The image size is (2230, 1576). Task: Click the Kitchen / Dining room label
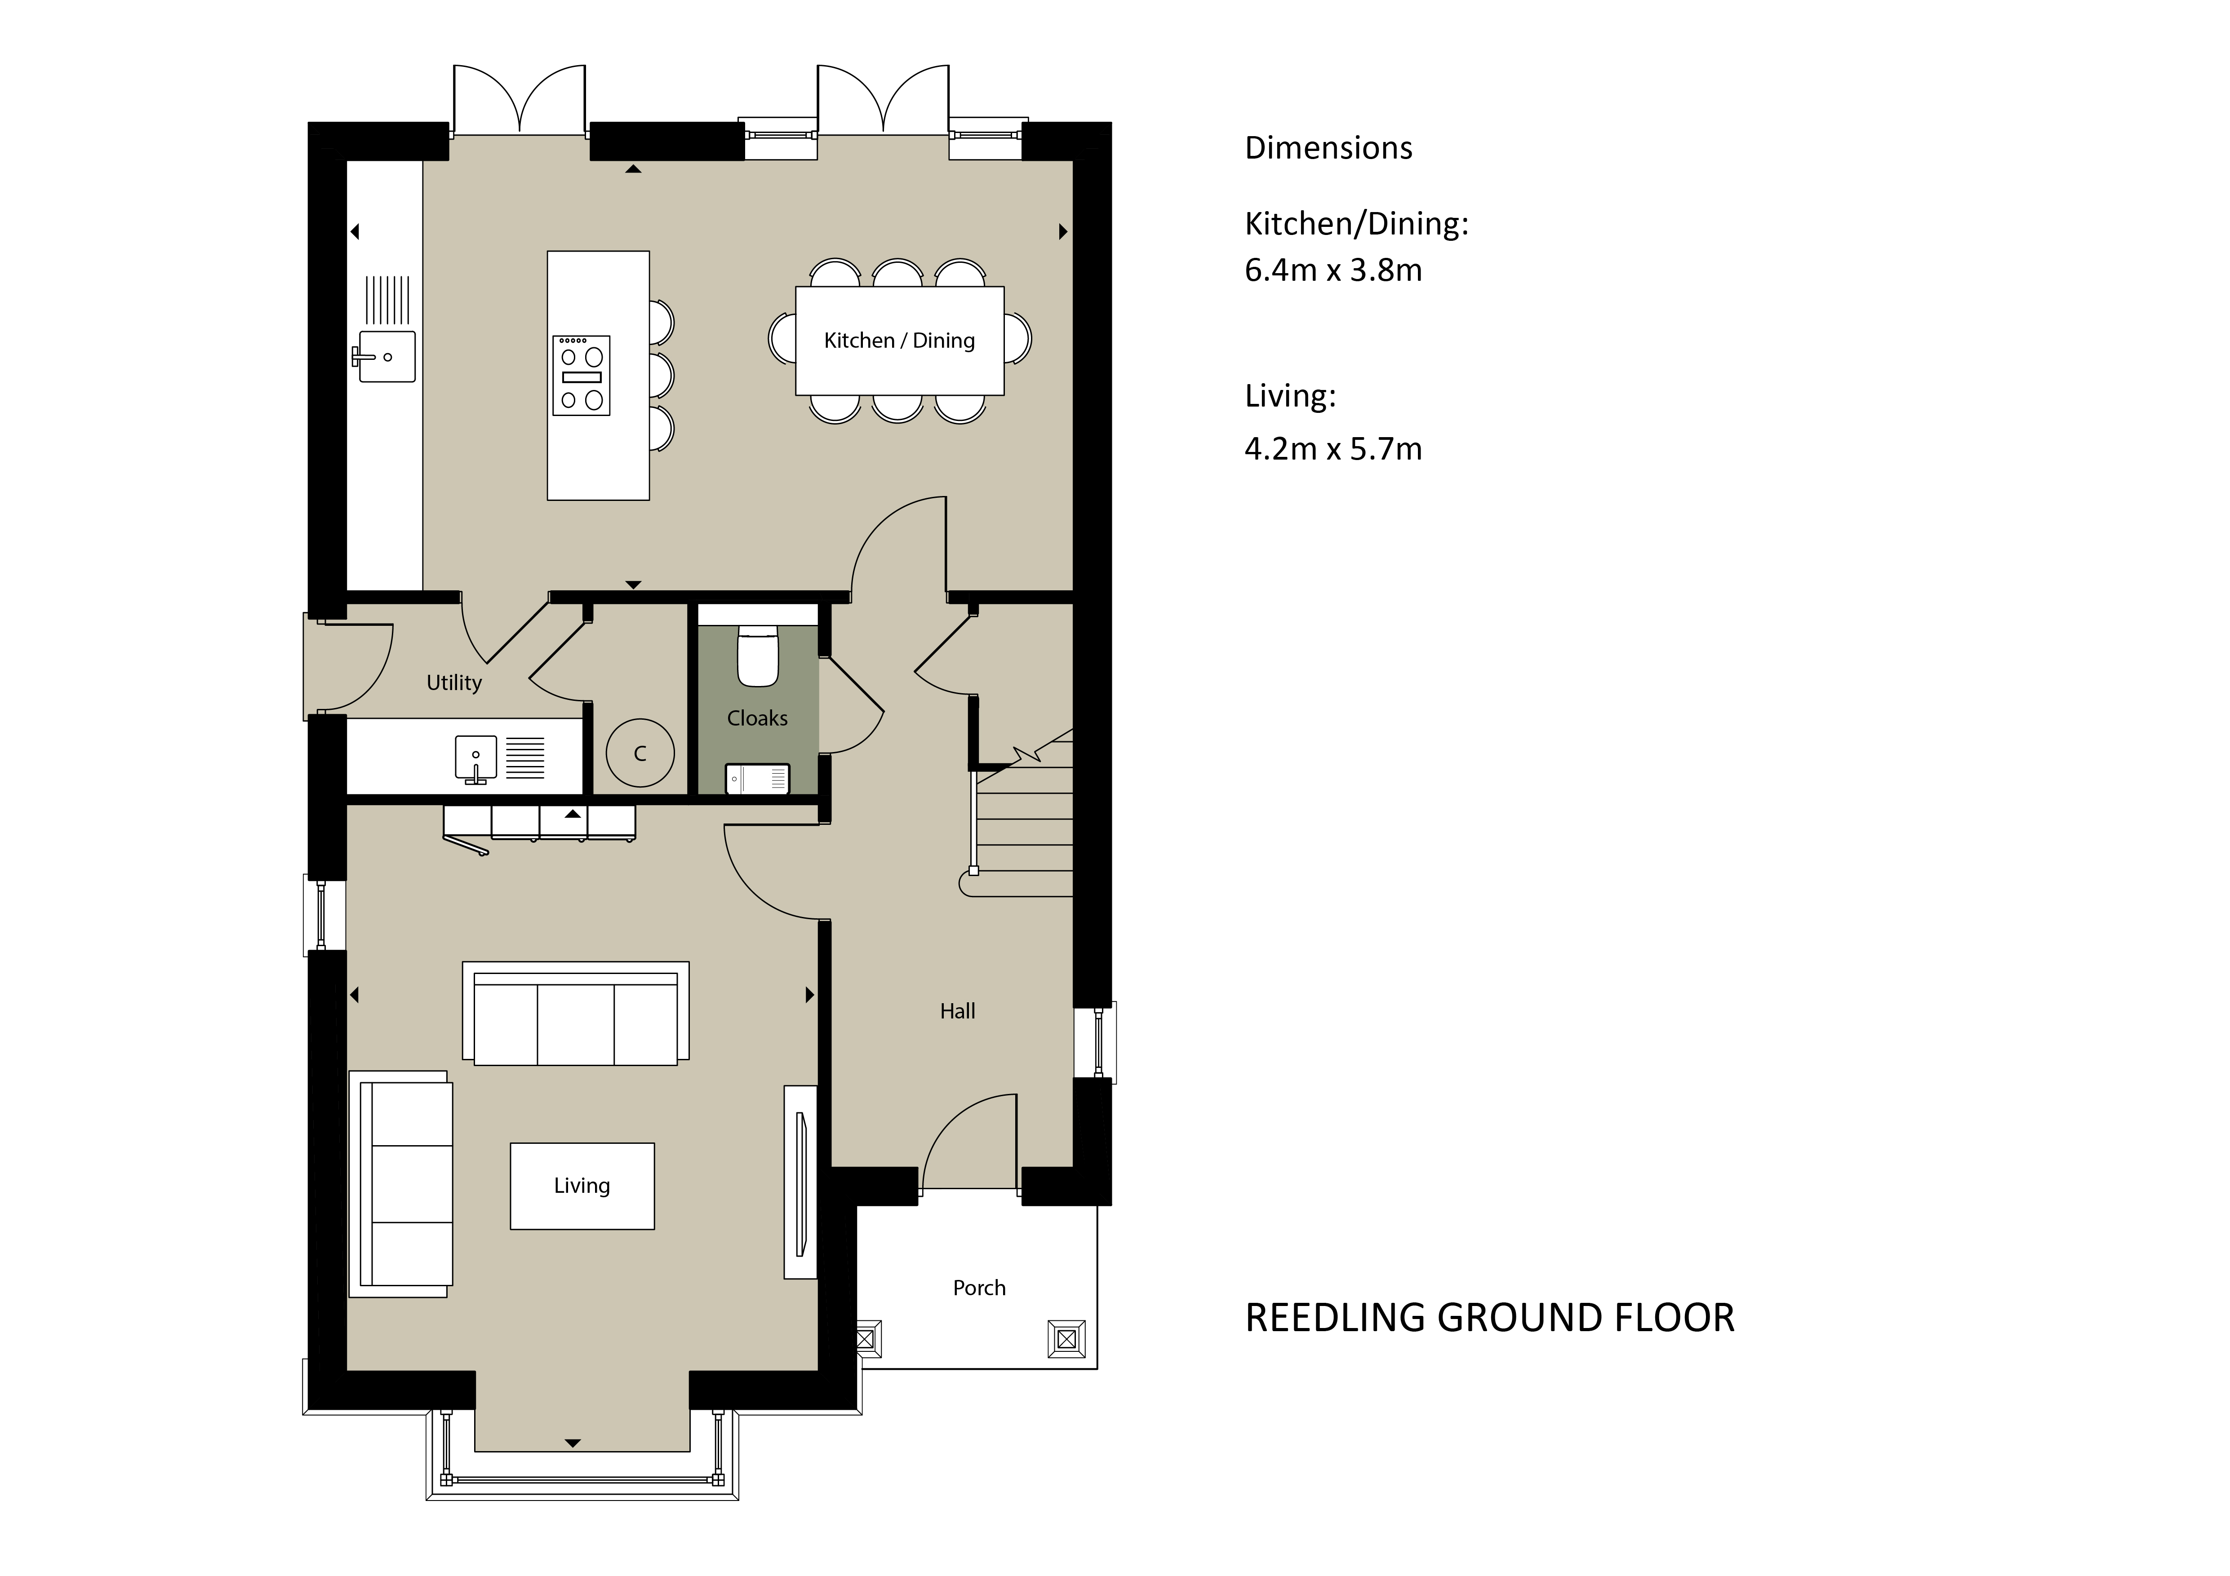[x=899, y=341]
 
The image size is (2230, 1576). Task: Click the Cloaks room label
[x=758, y=718]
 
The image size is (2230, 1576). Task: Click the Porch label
[x=979, y=1288]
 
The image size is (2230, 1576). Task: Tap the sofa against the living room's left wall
[x=400, y=1184]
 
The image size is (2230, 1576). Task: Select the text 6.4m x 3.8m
[x=1333, y=270]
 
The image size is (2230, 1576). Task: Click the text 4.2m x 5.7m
[x=1333, y=449]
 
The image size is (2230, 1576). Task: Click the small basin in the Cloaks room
[x=758, y=779]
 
